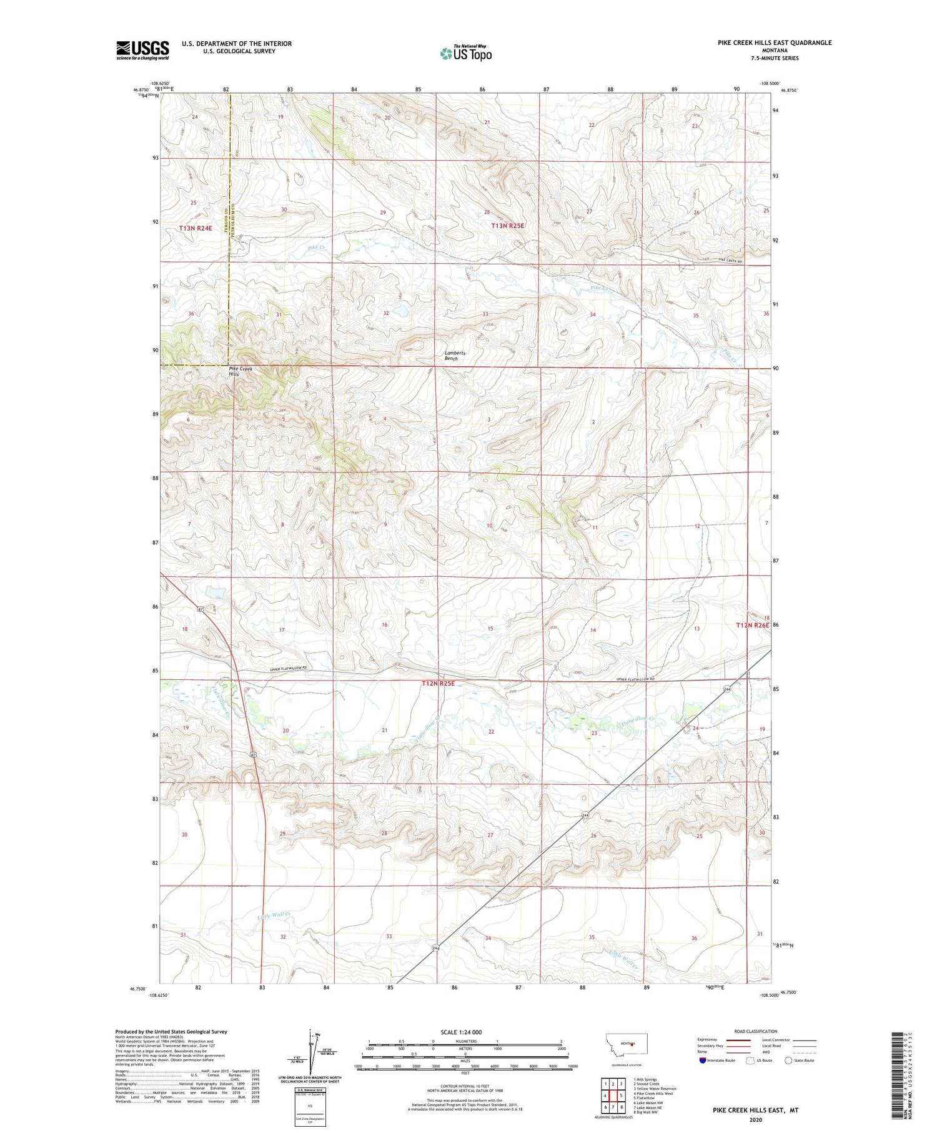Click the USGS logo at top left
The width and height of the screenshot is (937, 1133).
tap(142, 50)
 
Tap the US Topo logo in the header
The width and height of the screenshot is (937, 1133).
tap(465, 53)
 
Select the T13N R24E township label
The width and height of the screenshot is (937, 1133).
tap(196, 229)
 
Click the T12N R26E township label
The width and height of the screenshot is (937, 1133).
tap(752, 624)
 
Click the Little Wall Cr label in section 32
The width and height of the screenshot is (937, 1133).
tap(274, 916)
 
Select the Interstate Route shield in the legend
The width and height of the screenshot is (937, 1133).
tap(703, 1061)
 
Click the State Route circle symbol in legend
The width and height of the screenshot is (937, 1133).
tap(788, 1061)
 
